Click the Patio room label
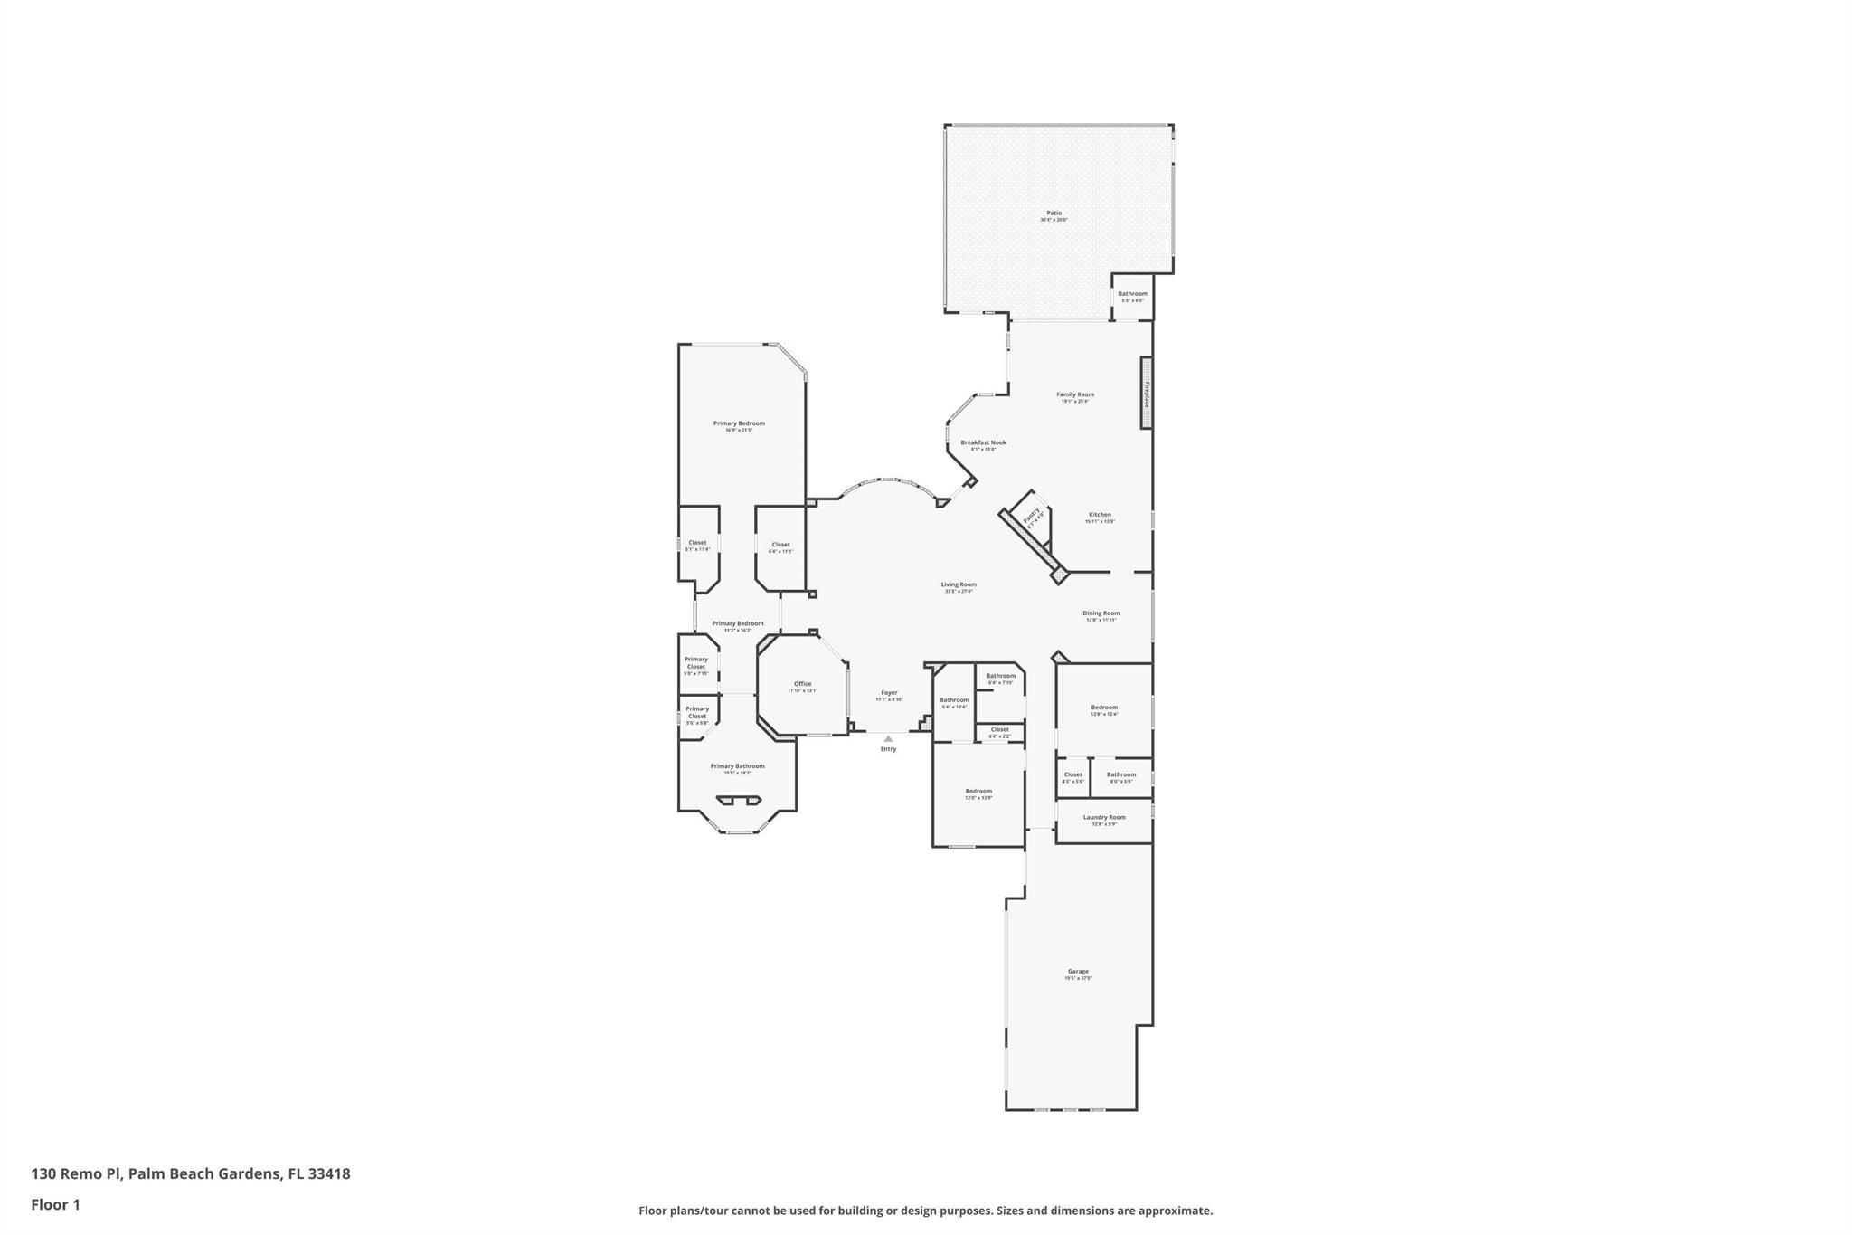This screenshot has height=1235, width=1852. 1054,214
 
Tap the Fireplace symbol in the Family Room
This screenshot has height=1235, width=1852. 1146,394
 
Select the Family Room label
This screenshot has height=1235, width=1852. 1075,394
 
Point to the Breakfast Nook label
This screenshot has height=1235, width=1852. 983,443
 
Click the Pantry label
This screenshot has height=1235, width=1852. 1032,516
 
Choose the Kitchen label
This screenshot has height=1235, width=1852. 1100,515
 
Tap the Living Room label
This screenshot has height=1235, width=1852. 959,584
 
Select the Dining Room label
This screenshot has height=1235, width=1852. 1101,613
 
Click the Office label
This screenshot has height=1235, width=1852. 802,684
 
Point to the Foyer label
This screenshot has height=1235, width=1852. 889,693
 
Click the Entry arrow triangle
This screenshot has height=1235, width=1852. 888,738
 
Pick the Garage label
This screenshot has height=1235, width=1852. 1078,972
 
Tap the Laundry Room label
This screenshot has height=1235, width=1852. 1104,818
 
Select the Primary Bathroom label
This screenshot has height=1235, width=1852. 737,766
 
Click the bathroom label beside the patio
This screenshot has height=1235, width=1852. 1132,294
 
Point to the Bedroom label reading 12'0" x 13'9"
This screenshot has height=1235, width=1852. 978,792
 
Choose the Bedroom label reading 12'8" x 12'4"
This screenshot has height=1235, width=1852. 1104,708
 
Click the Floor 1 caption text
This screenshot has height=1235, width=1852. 56,1205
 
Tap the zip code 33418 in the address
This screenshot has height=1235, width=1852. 328,1174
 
